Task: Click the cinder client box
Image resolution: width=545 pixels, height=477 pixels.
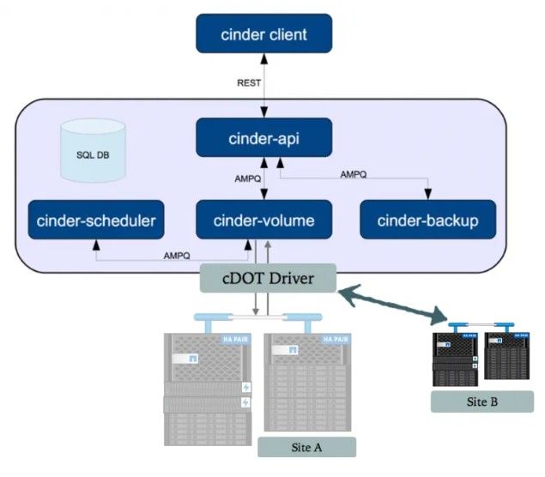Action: click(x=263, y=35)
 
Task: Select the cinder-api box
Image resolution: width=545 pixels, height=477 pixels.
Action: click(x=263, y=137)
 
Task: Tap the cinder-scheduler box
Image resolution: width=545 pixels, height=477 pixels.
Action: click(x=95, y=220)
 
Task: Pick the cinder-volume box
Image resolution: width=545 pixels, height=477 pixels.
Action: click(x=263, y=220)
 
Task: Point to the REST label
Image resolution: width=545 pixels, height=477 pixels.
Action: click(x=249, y=83)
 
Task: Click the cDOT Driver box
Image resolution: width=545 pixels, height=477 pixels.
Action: click(x=267, y=276)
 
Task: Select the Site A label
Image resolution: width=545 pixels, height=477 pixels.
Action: click(x=306, y=447)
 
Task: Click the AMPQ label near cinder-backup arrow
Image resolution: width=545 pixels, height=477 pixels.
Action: click(x=353, y=174)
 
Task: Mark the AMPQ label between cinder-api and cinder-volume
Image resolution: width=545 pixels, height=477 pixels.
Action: click(x=248, y=179)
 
